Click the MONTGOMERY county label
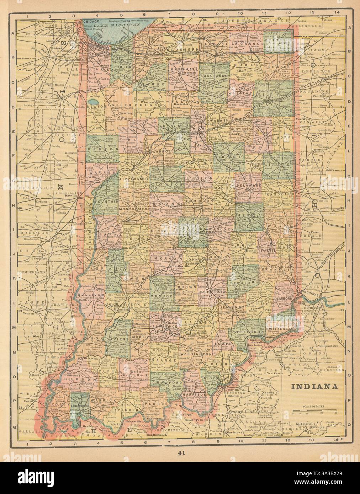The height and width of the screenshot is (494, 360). tap(135, 210)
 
